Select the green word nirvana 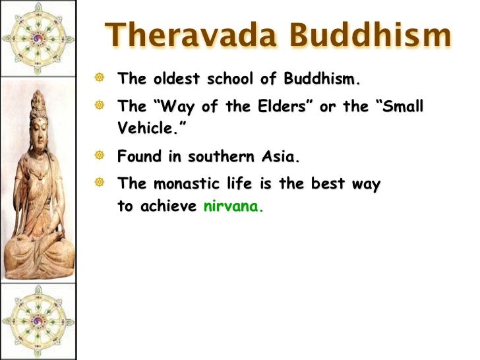click(233, 206)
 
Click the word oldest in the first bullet click(177, 78)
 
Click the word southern click(221, 156)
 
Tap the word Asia click(280, 156)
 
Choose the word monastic click(187, 184)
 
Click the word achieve click(168, 206)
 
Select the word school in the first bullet click(230, 78)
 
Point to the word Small click(403, 106)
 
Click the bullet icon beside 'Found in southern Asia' click(99, 155)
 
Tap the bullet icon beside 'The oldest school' click(99, 77)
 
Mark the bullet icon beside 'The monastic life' click(99, 183)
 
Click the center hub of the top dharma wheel click(38, 39)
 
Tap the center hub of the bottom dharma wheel click(38, 321)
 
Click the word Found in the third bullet click(139, 156)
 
